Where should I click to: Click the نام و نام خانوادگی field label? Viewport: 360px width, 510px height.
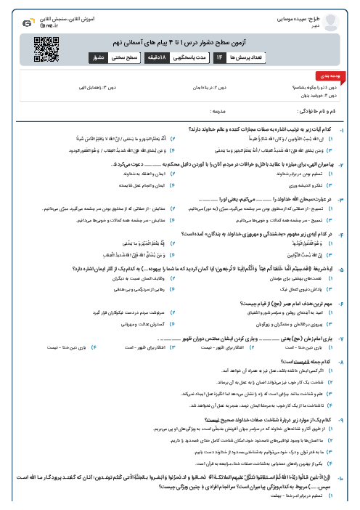coord(307,111)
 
